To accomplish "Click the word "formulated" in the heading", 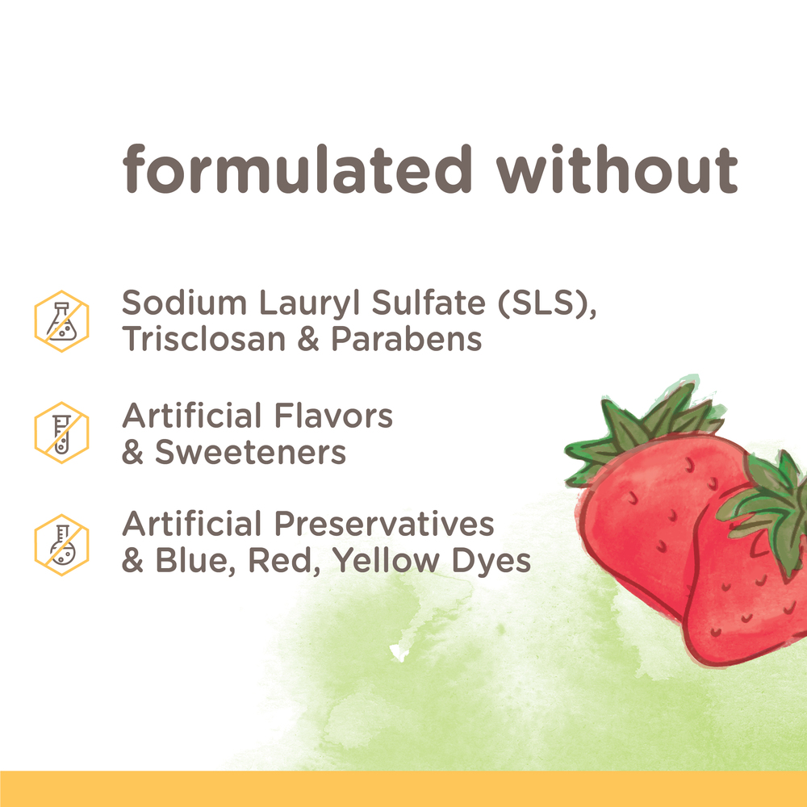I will tap(297, 169).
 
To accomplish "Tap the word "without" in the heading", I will tap(617, 169).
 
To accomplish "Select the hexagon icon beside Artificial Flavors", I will tap(61, 433).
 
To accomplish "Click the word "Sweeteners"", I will tap(250, 452).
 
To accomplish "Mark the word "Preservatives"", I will tap(384, 525).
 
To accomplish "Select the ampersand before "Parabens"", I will tap(310, 339).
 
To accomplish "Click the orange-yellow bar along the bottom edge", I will tap(403, 788).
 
